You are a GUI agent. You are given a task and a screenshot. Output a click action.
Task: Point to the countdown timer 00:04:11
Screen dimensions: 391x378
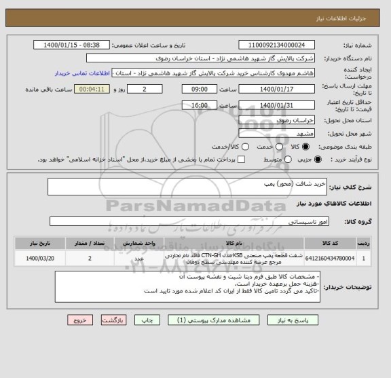91,89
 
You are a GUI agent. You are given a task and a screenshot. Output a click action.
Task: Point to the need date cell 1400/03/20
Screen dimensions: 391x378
42,258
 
